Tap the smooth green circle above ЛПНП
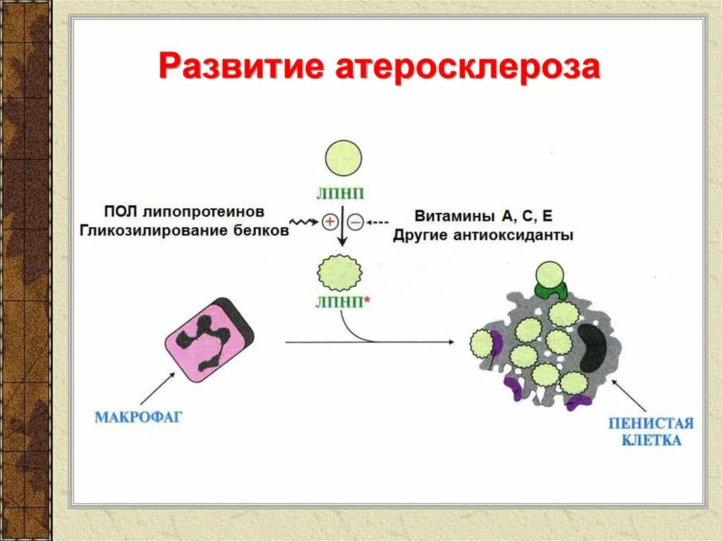point(343,158)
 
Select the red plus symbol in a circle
point(329,222)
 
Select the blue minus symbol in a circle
point(356,222)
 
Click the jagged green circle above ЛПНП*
point(341,272)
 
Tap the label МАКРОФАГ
point(138,417)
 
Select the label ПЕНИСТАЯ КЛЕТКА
point(651,432)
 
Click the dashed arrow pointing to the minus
point(377,223)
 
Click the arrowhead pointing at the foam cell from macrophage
point(449,343)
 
